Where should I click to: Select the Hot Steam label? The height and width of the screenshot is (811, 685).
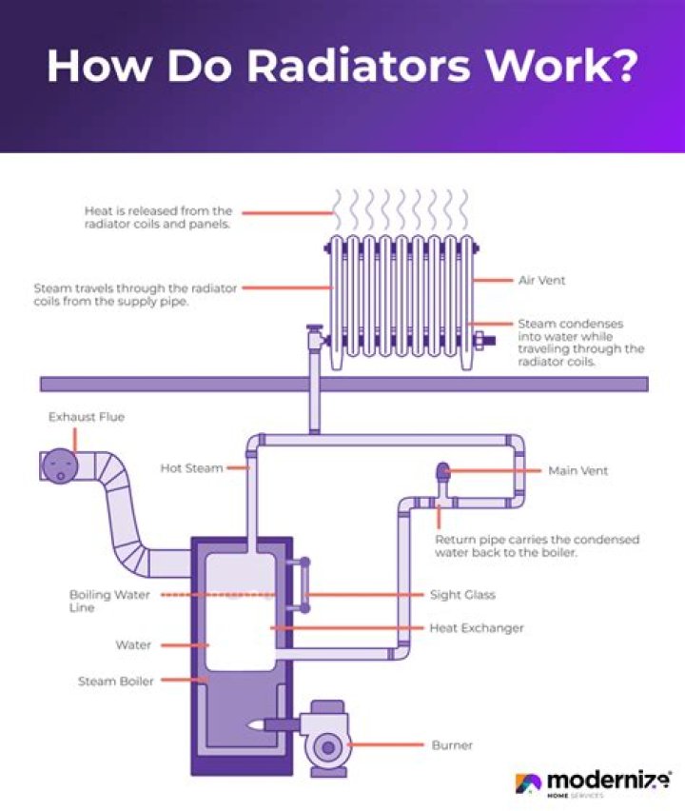[x=191, y=468]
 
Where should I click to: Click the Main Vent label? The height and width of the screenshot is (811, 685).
[x=577, y=470]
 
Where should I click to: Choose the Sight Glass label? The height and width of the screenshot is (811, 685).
[x=462, y=595]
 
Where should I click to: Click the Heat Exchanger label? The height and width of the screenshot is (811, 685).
[x=477, y=628]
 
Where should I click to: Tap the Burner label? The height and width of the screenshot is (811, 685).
[x=451, y=744]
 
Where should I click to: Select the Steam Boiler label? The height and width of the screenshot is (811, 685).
[x=115, y=681]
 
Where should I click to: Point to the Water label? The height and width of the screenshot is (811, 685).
[x=133, y=645]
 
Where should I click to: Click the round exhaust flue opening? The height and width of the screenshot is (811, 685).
[x=59, y=466]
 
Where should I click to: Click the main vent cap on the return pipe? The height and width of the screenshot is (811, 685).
[x=441, y=470]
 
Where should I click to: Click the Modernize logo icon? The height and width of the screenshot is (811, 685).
[x=528, y=783]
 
